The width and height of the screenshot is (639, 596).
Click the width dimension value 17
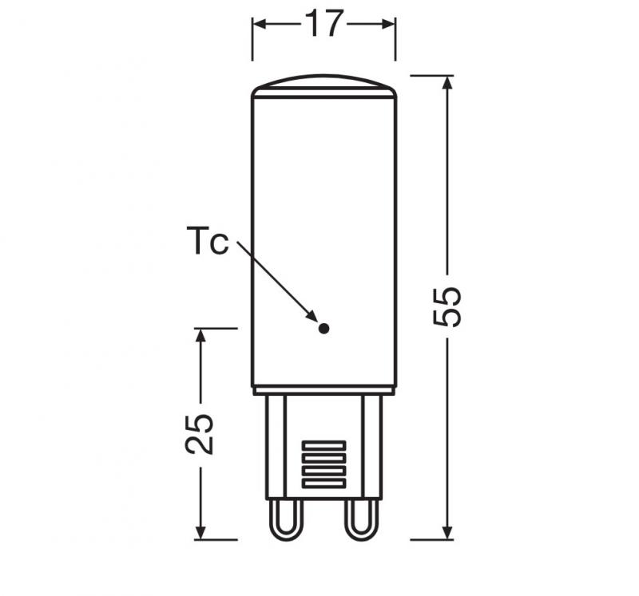coord(323,25)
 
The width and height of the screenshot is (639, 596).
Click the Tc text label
coord(207,241)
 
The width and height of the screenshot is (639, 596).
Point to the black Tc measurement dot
coord(323,327)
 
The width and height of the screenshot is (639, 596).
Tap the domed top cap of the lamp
coord(323,86)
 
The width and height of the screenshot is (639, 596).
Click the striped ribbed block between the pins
coord(323,465)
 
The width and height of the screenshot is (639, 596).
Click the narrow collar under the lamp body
coord(323,391)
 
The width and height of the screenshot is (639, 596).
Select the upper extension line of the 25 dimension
coord(216,327)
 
